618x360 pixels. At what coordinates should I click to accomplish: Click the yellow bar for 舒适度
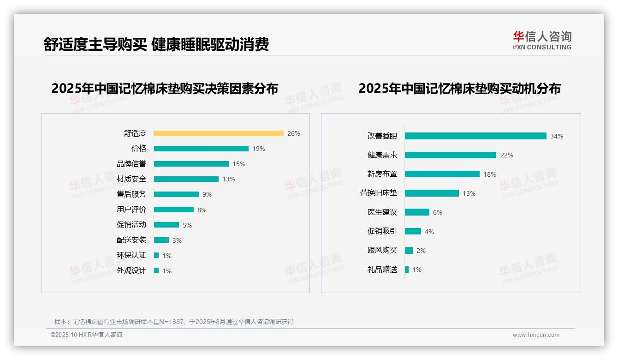(219, 133)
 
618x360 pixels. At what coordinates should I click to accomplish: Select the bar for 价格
(201, 149)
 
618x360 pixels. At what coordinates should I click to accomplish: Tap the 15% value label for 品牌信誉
(239, 164)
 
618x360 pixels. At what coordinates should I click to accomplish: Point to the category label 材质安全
(131, 179)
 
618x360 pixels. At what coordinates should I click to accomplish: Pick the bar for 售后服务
(176, 194)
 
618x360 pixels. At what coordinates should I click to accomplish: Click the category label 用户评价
(131, 210)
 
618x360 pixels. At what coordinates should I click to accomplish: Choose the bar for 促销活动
(166, 225)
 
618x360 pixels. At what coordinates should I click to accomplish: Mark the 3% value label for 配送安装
(177, 240)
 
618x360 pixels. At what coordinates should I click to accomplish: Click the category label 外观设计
(131, 270)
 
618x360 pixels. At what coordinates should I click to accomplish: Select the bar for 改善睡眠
(475, 136)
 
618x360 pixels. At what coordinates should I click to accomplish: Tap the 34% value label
(557, 136)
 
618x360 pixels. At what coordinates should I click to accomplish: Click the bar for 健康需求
(451, 155)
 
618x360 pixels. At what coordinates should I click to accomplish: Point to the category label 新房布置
(382, 174)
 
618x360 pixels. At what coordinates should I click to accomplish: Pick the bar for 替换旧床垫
(432, 193)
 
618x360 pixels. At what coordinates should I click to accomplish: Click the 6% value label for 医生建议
(438, 212)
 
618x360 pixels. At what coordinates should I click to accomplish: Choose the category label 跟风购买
(382, 250)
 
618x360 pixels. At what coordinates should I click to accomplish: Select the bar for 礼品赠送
(407, 270)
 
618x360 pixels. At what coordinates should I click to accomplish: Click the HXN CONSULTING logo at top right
(542, 41)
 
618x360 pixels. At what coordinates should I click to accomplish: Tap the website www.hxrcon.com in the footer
(536, 335)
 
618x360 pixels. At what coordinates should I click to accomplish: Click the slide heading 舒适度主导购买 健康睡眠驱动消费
(156, 45)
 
